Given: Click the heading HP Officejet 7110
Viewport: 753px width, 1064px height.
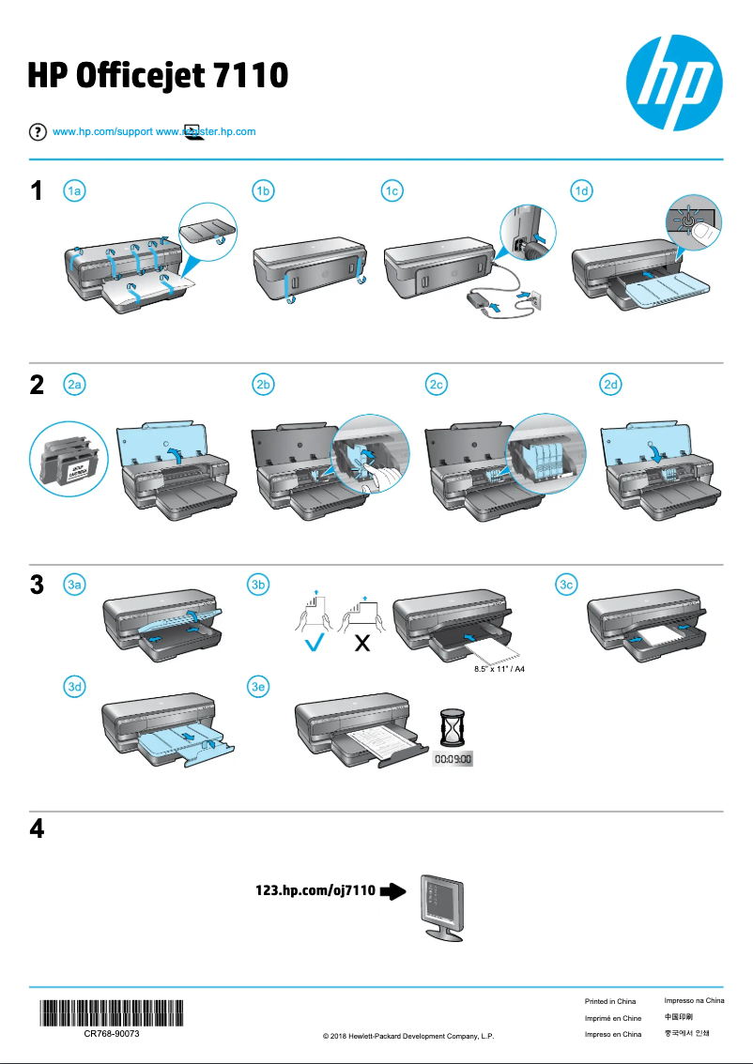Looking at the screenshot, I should pos(157,75).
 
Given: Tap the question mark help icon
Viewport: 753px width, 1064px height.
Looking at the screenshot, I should pos(38,131).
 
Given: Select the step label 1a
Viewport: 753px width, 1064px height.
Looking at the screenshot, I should pos(75,191).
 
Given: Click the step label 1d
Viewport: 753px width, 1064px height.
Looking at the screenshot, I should pos(583,191).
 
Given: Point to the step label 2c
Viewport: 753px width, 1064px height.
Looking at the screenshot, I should pos(436,384).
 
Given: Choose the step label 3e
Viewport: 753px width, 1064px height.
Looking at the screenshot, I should pos(259,686).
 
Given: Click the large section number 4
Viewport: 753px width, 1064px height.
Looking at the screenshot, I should pos(37,829).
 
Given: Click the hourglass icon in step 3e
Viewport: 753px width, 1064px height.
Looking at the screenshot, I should pos(453,725).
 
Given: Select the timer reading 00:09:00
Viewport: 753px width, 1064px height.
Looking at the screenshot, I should pos(453,758).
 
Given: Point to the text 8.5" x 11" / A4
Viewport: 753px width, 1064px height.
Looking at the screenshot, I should pos(499,671).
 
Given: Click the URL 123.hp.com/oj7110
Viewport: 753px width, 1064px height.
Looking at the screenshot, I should pos(315,890).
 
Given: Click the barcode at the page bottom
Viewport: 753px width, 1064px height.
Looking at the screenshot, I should pos(112,1014).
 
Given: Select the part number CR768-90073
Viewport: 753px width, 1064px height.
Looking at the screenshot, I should pos(112,1032).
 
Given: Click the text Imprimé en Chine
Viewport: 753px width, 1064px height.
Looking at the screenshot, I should pos(612,1018).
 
